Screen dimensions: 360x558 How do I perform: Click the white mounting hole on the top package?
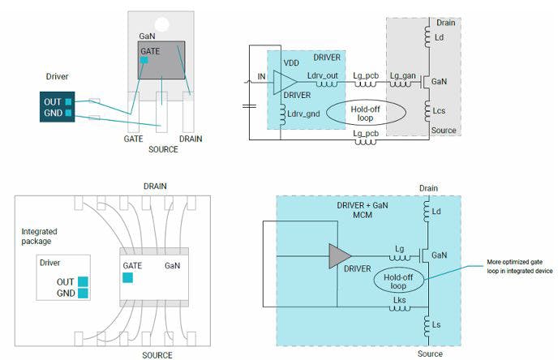point(161,24)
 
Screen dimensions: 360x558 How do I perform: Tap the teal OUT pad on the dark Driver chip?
point(68,101)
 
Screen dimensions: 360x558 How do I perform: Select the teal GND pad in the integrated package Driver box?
point(83,293)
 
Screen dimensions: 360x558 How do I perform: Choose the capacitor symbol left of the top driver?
point(249,105)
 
